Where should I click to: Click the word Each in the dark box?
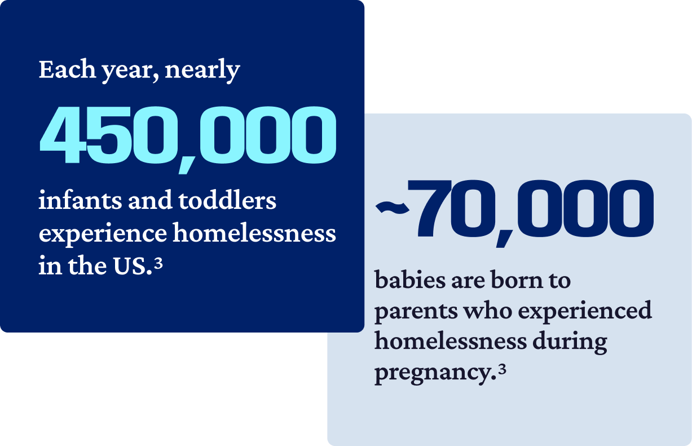(x=67, y=69)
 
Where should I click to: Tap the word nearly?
(x=202, y=71)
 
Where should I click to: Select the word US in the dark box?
(x=131, y=266)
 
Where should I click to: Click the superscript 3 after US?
(x=158, y=264)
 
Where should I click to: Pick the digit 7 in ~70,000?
(x=430, y=208)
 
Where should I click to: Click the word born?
(x=517, y=280)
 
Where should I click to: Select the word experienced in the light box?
(x=585, y=311)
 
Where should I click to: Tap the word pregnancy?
(x=433, y=374)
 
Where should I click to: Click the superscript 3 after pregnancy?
(x=502, y=369)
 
